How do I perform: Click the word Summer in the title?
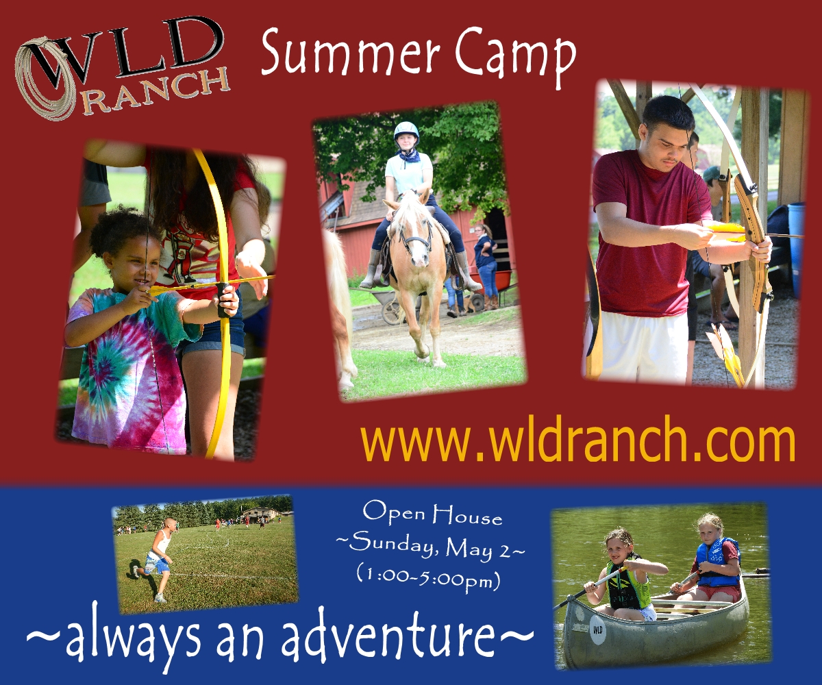tap(350, 53)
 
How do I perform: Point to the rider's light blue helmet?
tap(406, 131)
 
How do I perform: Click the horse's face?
tap(414, 236)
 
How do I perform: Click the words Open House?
tap(432, 513)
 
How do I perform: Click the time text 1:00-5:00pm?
tap(428, 575)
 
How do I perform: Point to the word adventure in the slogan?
tap(388, 636)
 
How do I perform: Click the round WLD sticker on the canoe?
tap(597, 630)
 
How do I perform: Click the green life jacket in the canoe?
tap(627, 584)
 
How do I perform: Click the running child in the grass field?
tap(156, 560)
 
